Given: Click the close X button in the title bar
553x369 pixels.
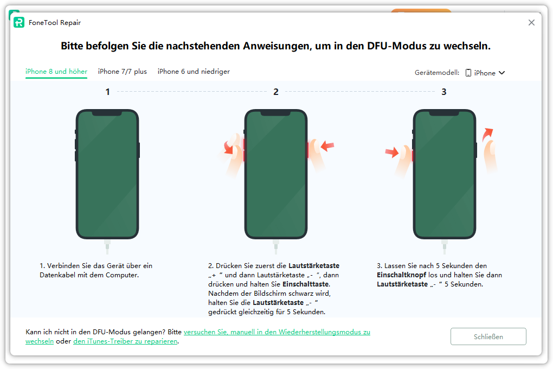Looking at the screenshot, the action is [x=531, y=23].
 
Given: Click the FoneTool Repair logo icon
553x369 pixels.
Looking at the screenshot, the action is [x=19, y=22].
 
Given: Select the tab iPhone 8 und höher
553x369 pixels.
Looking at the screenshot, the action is [x=56, y=71].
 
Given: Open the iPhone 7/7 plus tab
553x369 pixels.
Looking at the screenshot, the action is [x=123, y=71].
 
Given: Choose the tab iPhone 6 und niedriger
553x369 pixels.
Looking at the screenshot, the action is [x=194, y=71].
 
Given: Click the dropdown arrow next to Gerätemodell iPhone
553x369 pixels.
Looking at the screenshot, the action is [x=502, y=73].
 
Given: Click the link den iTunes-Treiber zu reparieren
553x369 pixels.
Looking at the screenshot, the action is [x=125, y=341].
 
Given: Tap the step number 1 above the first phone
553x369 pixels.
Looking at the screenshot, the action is [x=107, y=92].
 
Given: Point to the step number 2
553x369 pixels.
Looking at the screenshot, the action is [x=276, y=92].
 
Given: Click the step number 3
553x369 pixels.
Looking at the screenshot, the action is [x=443, y=92].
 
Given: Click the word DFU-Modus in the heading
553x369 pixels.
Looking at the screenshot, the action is [x=397, y=46].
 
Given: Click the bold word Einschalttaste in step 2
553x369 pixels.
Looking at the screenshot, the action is [x=306, y=284].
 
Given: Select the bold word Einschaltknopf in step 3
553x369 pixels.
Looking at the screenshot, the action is [x=401, y=275].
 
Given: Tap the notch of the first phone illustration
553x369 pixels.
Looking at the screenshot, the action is [x=107, y=113].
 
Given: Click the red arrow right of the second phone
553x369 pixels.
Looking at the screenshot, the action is [x=327, y=145].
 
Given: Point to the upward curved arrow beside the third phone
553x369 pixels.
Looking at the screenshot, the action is [x=487, y=134].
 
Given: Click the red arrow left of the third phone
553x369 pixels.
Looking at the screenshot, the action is [x=392, y=152].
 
